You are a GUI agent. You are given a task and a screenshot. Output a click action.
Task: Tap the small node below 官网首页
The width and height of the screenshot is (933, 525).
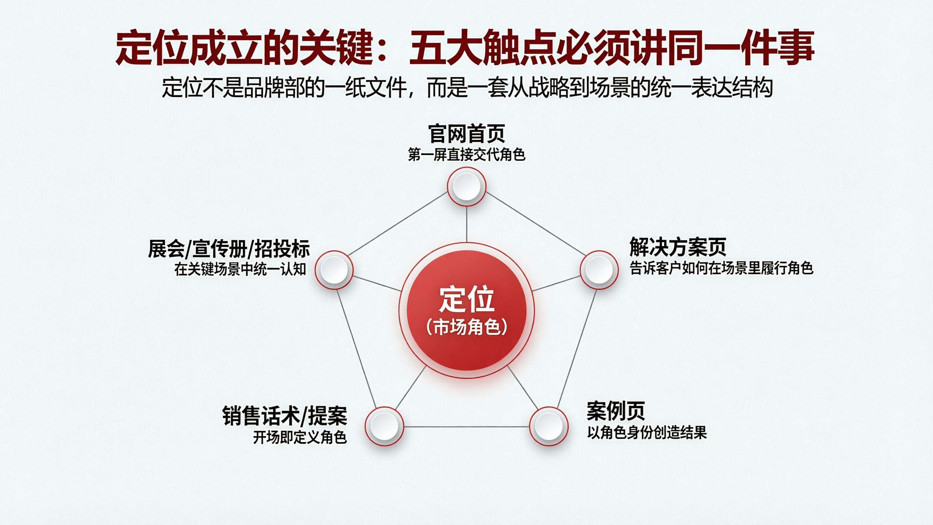(466, 187)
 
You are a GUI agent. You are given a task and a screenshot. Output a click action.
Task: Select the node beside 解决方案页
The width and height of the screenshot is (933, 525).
(599, 270)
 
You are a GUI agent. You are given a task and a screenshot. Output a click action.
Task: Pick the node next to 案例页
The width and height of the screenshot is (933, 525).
(549, 426)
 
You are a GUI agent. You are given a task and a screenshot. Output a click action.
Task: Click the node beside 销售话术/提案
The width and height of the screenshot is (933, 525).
(384, 426)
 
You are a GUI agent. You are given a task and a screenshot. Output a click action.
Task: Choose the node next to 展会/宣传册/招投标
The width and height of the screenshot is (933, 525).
(334, 270)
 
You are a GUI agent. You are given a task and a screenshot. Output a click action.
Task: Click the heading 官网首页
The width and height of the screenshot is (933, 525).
(466, 134)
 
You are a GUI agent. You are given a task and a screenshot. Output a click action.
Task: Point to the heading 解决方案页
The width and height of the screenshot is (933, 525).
(678, 247)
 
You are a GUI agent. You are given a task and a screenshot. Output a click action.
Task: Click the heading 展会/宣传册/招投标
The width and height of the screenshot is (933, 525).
(229, 249)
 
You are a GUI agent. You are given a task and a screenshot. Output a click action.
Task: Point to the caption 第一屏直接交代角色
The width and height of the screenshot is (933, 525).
(466, 155)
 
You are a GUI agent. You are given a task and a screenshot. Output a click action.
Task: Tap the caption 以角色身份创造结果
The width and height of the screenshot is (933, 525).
(647, 432)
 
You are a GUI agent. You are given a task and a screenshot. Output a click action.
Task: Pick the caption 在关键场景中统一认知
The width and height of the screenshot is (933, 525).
(240, 269)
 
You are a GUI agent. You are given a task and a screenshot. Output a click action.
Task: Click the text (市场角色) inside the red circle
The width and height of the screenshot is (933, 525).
(466, 327)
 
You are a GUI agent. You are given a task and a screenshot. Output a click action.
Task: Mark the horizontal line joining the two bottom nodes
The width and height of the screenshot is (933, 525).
(466, 427)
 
